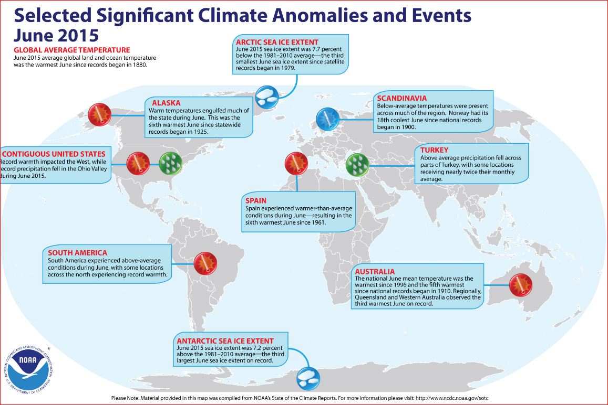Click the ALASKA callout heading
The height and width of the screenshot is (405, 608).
166,103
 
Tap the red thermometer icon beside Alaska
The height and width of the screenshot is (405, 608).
100,114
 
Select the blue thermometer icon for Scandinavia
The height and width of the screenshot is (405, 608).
328,119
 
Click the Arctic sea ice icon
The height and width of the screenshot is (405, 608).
267,97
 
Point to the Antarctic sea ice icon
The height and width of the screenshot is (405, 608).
308,378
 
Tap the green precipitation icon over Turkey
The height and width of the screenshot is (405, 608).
357,165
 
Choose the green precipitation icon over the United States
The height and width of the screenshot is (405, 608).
171,163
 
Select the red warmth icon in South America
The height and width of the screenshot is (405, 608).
205,264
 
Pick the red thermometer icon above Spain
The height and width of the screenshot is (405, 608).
296,163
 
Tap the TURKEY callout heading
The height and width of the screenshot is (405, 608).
434,150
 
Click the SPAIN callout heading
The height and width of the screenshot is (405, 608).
256,200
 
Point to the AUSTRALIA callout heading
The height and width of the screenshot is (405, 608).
375,272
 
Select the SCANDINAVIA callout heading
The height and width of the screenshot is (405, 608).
401,98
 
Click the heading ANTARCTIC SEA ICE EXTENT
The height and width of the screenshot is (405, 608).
225,341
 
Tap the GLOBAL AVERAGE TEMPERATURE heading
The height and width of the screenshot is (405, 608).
72,50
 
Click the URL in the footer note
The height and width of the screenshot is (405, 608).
452,398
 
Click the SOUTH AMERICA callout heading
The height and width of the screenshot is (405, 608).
78,253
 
